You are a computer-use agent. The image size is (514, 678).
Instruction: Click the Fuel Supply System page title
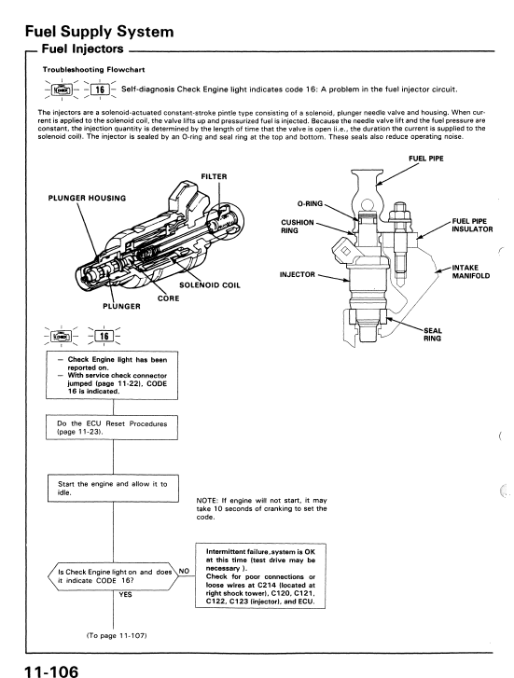click(100, 32)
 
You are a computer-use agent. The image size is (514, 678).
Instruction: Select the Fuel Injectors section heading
click(83, 49)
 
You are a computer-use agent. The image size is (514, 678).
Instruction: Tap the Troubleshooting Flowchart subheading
click(93, 70)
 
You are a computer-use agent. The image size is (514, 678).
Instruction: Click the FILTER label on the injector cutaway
click(214, 176)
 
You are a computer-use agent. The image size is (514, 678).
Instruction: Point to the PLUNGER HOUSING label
click(87, 198)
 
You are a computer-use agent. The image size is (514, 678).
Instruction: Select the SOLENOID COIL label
click(209, 285)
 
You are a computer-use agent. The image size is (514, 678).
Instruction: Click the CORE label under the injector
click(168, 298)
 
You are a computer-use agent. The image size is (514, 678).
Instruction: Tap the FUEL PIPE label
click(426, 159)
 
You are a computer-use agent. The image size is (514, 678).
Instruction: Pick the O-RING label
click(310, 203)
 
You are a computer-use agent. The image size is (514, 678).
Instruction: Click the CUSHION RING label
click(298, 227)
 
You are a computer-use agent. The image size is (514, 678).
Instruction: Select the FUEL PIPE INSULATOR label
click(472, 226)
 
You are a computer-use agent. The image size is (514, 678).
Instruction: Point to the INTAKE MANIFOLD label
click(471, 271)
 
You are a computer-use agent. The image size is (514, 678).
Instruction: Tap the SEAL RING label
click(433, 335)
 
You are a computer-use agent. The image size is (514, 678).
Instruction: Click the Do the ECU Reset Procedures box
click(112, 428)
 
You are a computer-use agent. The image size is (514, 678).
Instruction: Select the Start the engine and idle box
click(113, 489)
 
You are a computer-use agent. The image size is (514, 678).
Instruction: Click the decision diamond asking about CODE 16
click(113, 576)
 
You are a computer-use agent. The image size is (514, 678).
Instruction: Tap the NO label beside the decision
click(184, 571)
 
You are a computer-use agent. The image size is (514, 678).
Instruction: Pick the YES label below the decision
click(125, 595)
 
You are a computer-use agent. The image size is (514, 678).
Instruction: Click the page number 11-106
click(51, 671)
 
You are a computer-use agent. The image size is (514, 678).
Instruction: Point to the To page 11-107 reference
click(117, 636)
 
